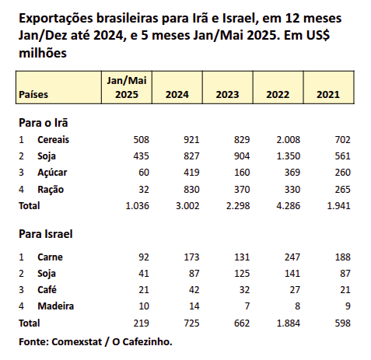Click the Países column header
pyautogui.click(x=33, y=94)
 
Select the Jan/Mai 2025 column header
pyautogui.click(x=127, y=88)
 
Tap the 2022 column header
pyautogui.click(x=278, y=95)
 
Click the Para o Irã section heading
pyautogui.click(x=44, y=123)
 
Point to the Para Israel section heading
pyautogui.click(x=46, y=234)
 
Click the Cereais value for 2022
pyautogui.click(x=288, y=140)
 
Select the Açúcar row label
pyautogui.click(x=52, y=173)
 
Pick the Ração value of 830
pyautogui.click(x=191, y=190)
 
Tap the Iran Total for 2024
pyautogui.click(x=187, y=206)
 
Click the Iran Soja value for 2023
pyautogui.click(x=242, y=156)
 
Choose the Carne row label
pyautogui.click(x=50, y=257)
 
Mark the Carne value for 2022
pyautogui.click(x=292, y=257)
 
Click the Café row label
pyautogui.click(x=47, y=289)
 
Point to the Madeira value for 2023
pyautogui.click(x=247, y=306)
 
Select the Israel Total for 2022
pyautogui.click(x=288, y=323)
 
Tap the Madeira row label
pyautogui.click(x=56, y=306)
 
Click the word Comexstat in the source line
pyautogui.click(x=77, y=342)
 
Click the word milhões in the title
pyautogui.click(x=43, y=53)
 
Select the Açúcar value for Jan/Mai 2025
pyautogui.click(x=144, y=173)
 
